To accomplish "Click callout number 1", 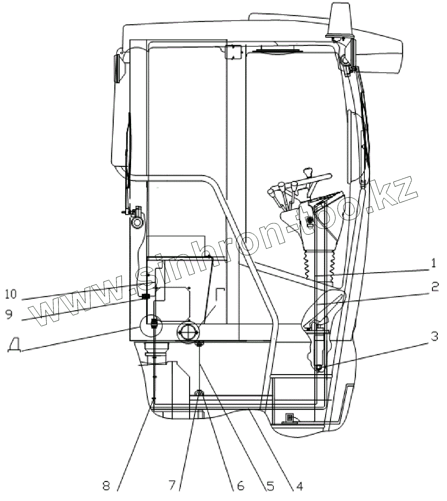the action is pos(434,263).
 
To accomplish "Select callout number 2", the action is pos(434,287).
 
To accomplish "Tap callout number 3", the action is pos(434,336).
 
